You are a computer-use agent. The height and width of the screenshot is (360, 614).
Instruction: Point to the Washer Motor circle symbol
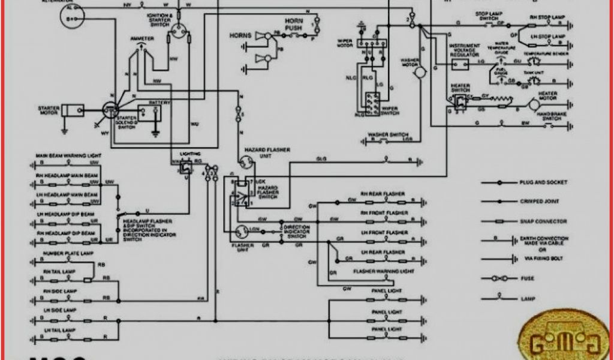(420, 71)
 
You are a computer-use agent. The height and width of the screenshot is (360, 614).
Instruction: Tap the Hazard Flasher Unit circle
(245, 161)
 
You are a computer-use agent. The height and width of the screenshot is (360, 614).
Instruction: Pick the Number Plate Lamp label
(62, 254)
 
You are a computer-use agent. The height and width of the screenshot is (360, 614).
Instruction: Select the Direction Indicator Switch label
(296, 231)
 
